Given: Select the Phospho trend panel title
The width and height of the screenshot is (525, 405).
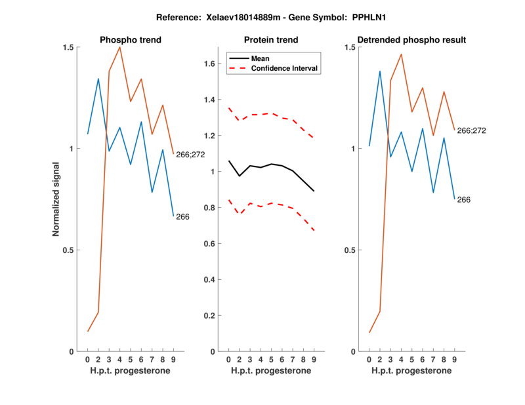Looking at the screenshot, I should pyautogui.click(x=130, y=40).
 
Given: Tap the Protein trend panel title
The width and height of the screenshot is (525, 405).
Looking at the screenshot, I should pyautogui.click(x=271, y=40).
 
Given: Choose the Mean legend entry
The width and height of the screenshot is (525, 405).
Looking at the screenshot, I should pyautogui.click(x=261, y=58).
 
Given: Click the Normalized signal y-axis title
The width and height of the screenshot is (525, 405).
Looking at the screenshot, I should pyautogui.click(x=57, y=199).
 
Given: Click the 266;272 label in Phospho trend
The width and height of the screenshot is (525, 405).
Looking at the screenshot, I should pyautogui.click(x=190, y=155).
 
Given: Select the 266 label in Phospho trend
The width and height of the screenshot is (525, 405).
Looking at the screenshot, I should pyautogui.click(x=182, y=217).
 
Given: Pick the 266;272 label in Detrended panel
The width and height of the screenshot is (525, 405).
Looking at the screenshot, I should pyautogui.click(x=471, y=130).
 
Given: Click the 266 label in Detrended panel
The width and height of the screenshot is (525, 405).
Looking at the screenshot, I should pyautogui.click(x=464, y=199).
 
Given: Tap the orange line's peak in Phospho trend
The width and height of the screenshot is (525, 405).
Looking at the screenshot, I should pyautogui.click(x=119, y=47).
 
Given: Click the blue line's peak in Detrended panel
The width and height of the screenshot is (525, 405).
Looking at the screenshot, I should pyautogui.click(x=379, y=71).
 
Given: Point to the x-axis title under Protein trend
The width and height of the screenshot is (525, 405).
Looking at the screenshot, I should pyautogui.click(x=271, y=371).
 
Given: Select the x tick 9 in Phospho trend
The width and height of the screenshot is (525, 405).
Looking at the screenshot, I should pyautogui.click(x=173, y=360).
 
